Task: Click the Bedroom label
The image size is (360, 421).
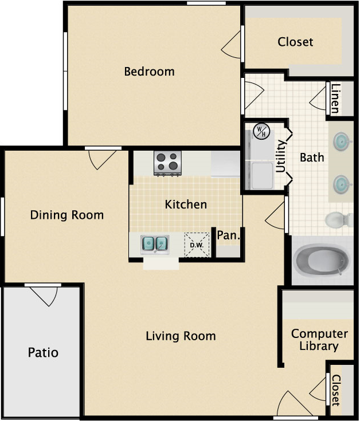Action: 150,72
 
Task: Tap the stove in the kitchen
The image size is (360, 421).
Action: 167,163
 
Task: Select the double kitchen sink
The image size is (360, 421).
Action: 155,244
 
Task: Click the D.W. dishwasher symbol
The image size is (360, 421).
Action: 197,245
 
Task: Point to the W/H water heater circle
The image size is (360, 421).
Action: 261,131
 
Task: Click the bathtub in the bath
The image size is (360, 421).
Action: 322,260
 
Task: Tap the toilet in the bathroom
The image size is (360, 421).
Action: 339,219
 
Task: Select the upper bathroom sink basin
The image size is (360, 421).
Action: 342,141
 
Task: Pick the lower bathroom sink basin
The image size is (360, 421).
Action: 342,184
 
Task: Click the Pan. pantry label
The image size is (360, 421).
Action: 228,235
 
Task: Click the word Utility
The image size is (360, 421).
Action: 281,156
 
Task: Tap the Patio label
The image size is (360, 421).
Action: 43,352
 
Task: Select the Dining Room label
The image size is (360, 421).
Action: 67,215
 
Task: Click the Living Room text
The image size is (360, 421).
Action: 181,336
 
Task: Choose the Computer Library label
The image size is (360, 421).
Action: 319,340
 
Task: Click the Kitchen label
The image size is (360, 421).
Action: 186,204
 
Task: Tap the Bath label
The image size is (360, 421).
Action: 312,158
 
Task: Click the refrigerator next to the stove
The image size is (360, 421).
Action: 225,164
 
